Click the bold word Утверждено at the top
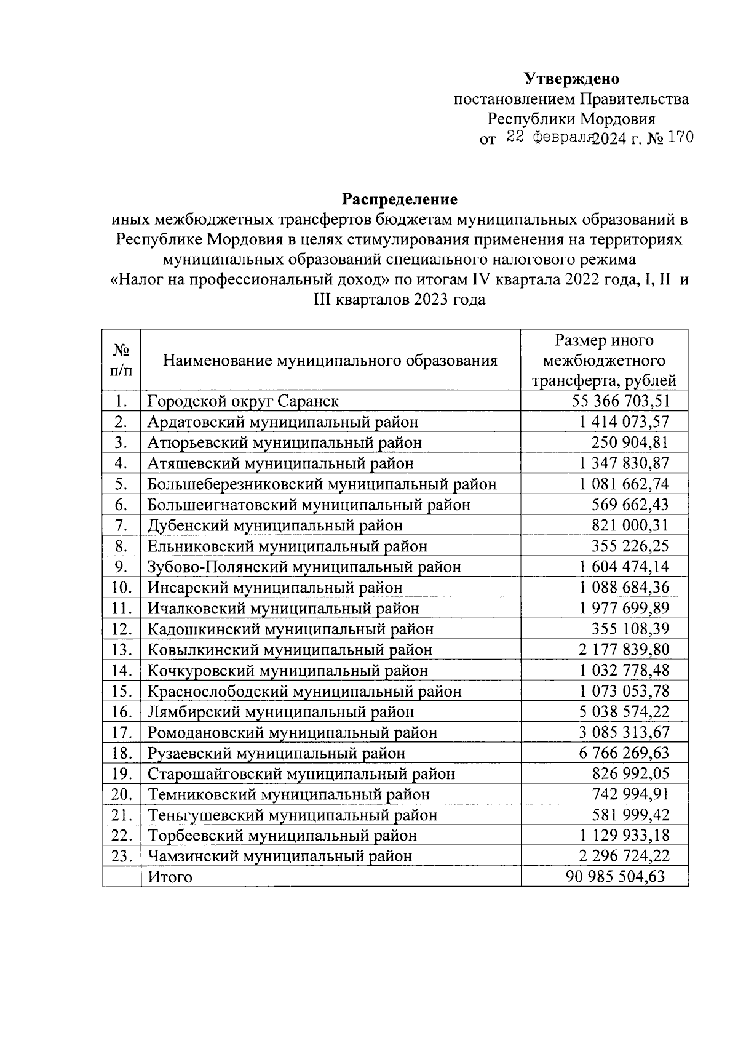571,79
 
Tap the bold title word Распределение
400,199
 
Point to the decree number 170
680,137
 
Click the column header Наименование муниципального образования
330,361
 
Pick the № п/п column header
121,360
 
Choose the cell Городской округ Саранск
243,401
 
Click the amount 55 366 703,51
620,401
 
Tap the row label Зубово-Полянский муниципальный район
304,567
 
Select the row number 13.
122,650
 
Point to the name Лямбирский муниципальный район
280,712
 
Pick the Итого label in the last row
170,877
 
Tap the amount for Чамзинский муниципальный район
624,856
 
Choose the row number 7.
122,525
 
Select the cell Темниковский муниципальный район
288,794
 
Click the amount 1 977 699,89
624,609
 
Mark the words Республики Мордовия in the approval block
571,118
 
